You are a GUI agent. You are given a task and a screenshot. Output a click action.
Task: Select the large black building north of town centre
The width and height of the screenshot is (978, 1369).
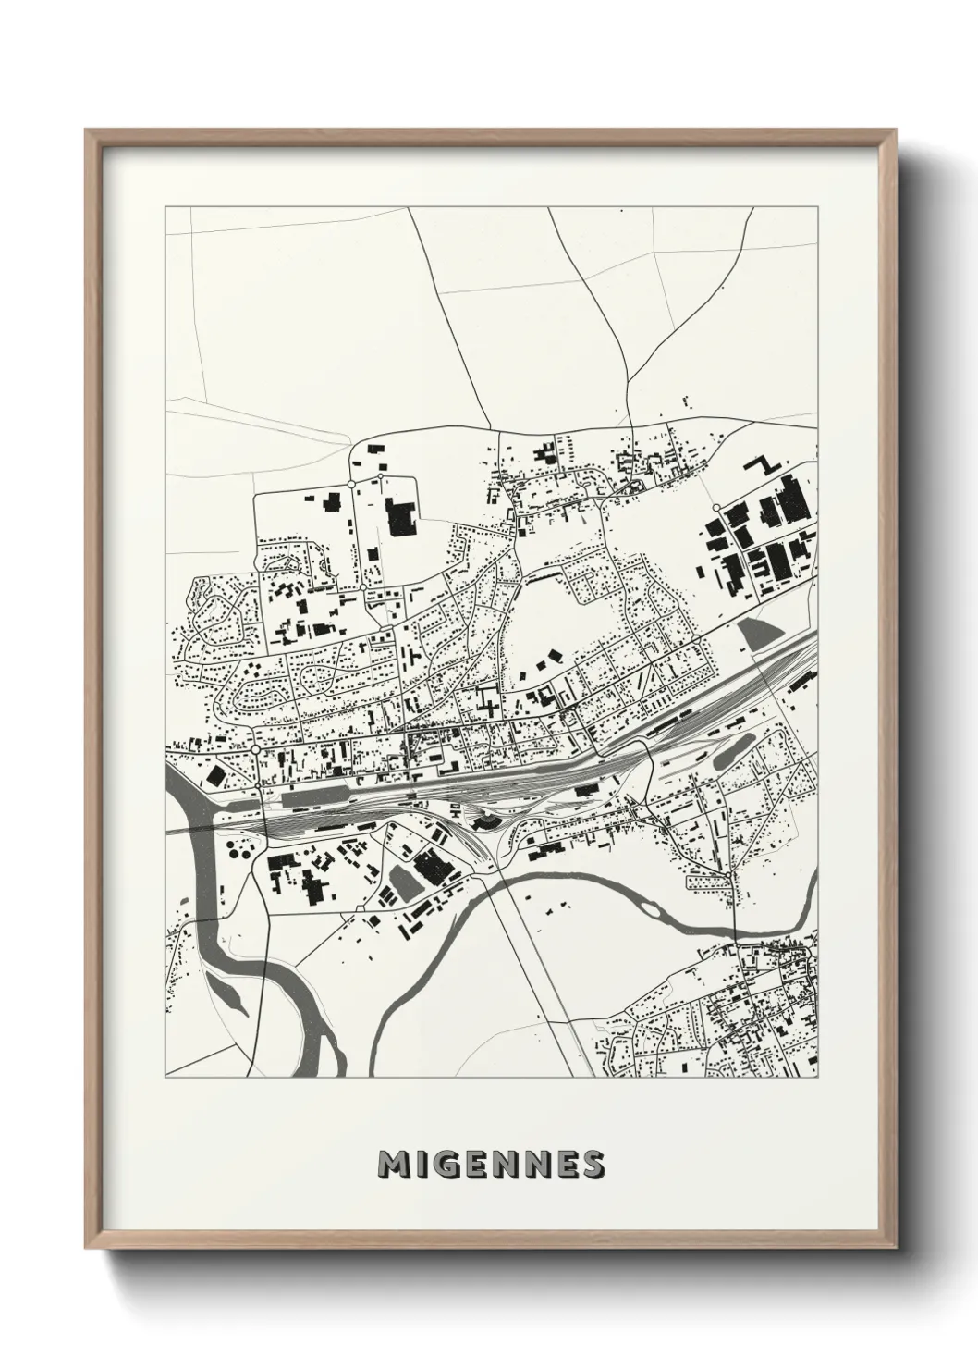coord(401,518)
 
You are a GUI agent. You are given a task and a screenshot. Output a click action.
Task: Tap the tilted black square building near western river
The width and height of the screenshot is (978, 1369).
coord(214,774)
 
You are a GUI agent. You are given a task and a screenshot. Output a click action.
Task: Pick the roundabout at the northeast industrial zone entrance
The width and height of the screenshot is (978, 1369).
coord(717,508)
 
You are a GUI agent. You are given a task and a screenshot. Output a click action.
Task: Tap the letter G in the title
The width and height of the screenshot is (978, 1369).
coord(447,1165)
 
